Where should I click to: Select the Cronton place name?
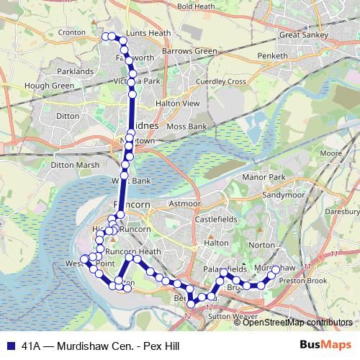click(x=73, y=53)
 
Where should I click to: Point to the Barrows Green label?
click(x=189, y=52)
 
